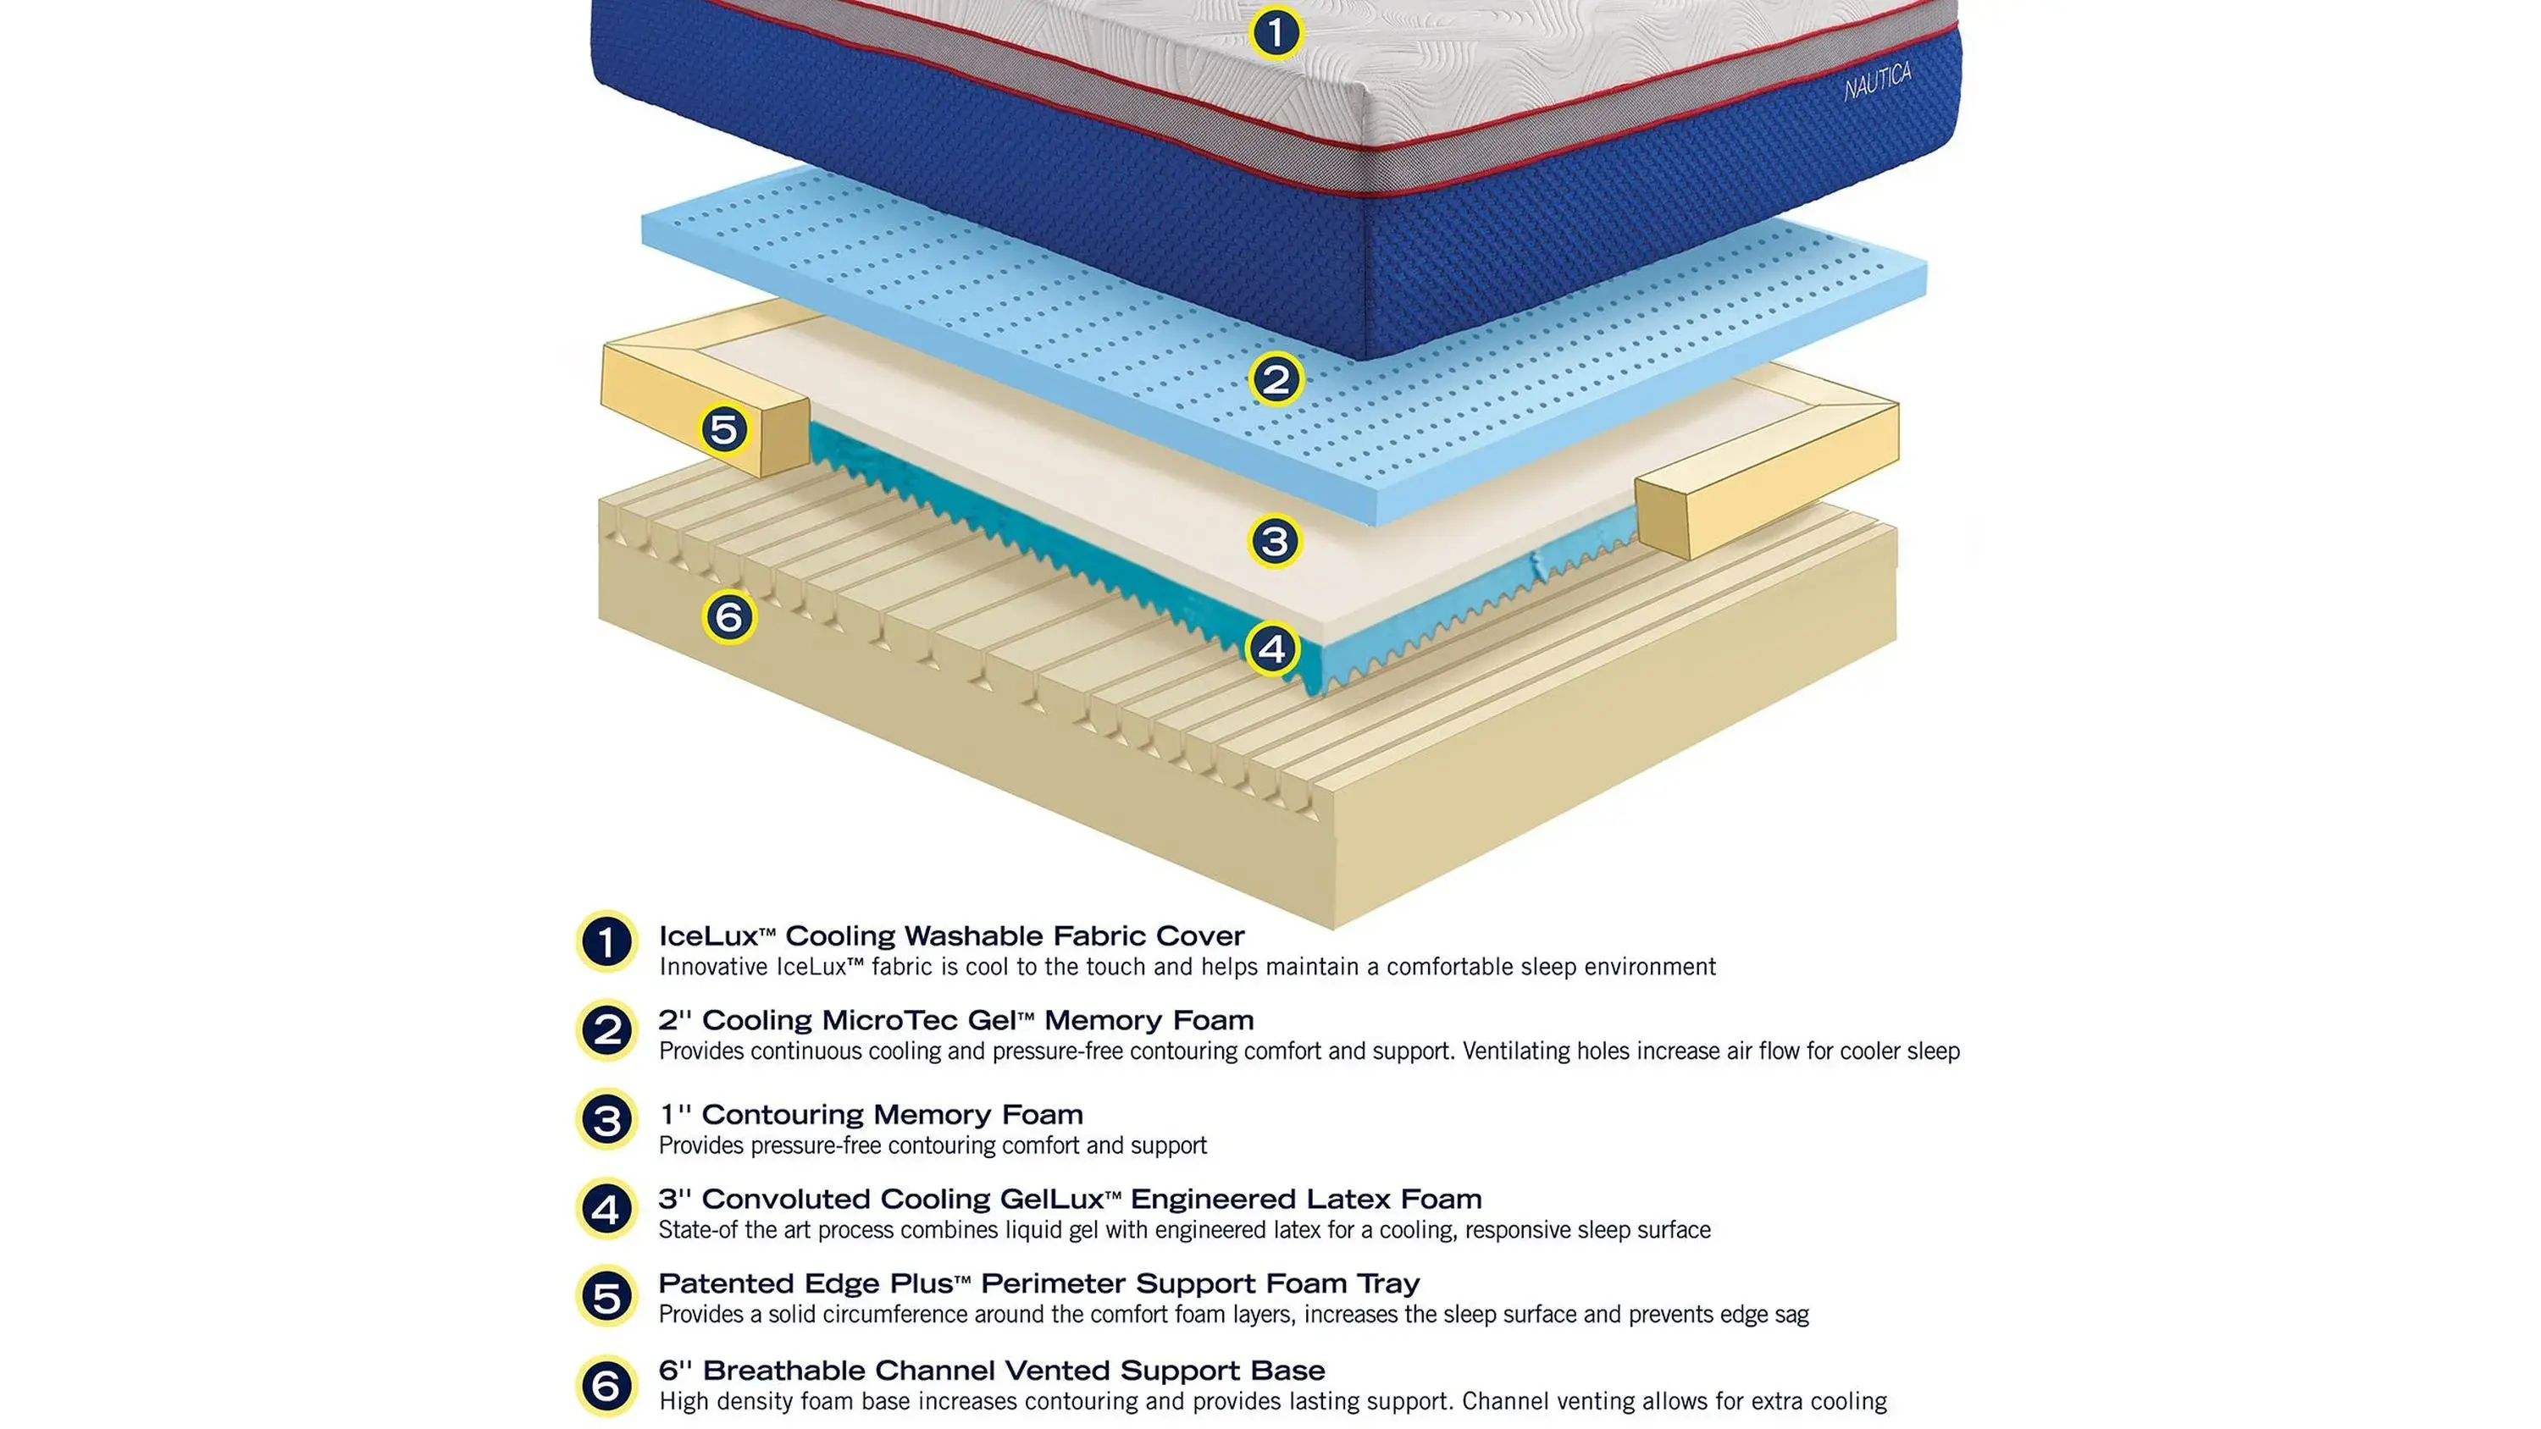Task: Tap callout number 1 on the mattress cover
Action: point(1276,32)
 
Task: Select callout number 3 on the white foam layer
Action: point(1275,540)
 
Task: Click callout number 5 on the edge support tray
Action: point(724,430)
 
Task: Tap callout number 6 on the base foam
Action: point(729,617)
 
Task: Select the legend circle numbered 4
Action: point(606,1209)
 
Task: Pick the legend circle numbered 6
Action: point(606,1387)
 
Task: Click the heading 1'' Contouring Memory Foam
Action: point(871,1114)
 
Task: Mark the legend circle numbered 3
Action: point(606,1120)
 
